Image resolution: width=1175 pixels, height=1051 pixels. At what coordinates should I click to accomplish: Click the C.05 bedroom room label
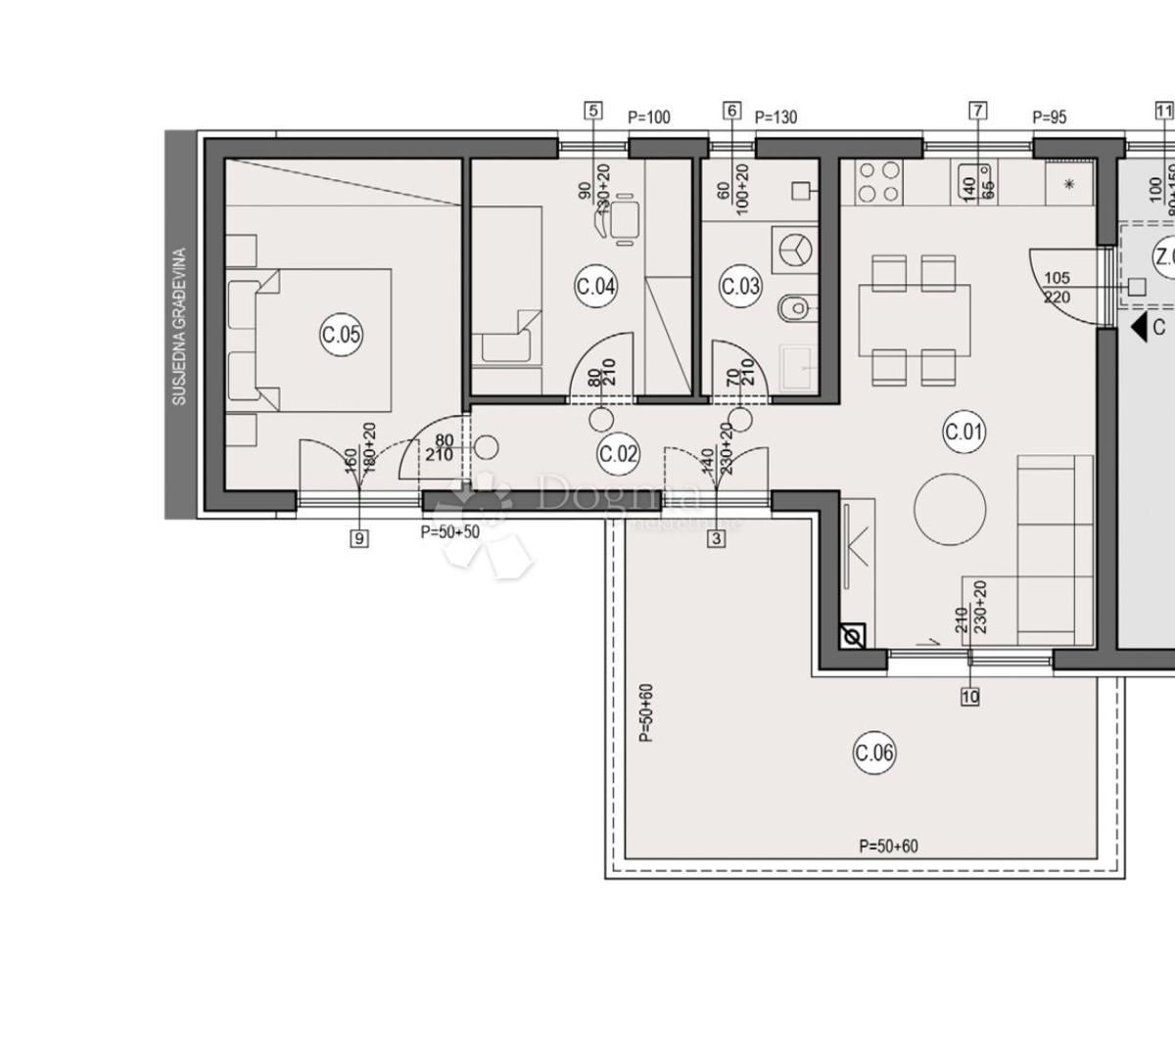coord(341,335)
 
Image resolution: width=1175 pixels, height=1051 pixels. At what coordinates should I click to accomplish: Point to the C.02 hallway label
coord(618,453)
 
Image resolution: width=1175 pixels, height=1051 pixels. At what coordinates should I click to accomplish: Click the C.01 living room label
coord(964,432)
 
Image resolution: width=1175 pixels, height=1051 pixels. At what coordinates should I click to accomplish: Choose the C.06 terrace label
coord(874,753)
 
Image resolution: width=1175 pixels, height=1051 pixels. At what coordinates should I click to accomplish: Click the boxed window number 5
coord(592,111)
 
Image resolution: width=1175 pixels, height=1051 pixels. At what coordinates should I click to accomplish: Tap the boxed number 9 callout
coord(359,537)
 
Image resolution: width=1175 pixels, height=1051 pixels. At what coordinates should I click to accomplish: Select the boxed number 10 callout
coord(970,696)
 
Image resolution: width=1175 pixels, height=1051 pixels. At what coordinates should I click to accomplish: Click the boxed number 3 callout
coord(717,537)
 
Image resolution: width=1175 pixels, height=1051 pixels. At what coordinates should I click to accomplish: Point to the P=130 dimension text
coord(775,117)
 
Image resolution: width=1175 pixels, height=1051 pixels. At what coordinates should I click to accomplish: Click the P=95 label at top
coord(1050,117)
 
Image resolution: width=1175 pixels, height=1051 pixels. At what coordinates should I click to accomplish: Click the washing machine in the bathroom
coord(794,250)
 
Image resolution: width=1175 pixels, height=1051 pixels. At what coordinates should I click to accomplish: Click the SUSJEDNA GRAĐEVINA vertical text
coord(179,327)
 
